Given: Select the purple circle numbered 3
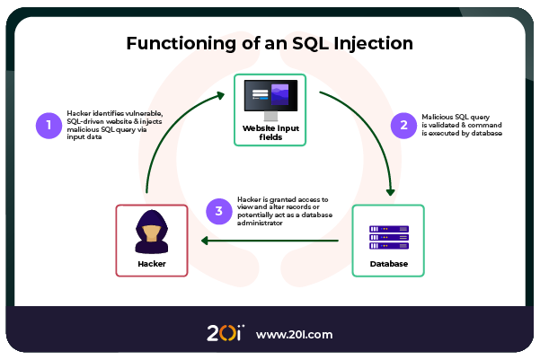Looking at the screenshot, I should click(218, 211).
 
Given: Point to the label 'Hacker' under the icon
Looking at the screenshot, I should click(151, 264).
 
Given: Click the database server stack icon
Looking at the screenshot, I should click(388, 237).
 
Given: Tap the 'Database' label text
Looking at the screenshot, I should click(388, 264).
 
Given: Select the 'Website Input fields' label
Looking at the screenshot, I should click(270, 133).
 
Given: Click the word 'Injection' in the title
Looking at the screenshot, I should click(371, 42).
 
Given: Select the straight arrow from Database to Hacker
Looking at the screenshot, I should click(270, 241).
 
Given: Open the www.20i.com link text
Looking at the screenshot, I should click(294, 334).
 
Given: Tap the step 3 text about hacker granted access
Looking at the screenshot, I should click(283, 211).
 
